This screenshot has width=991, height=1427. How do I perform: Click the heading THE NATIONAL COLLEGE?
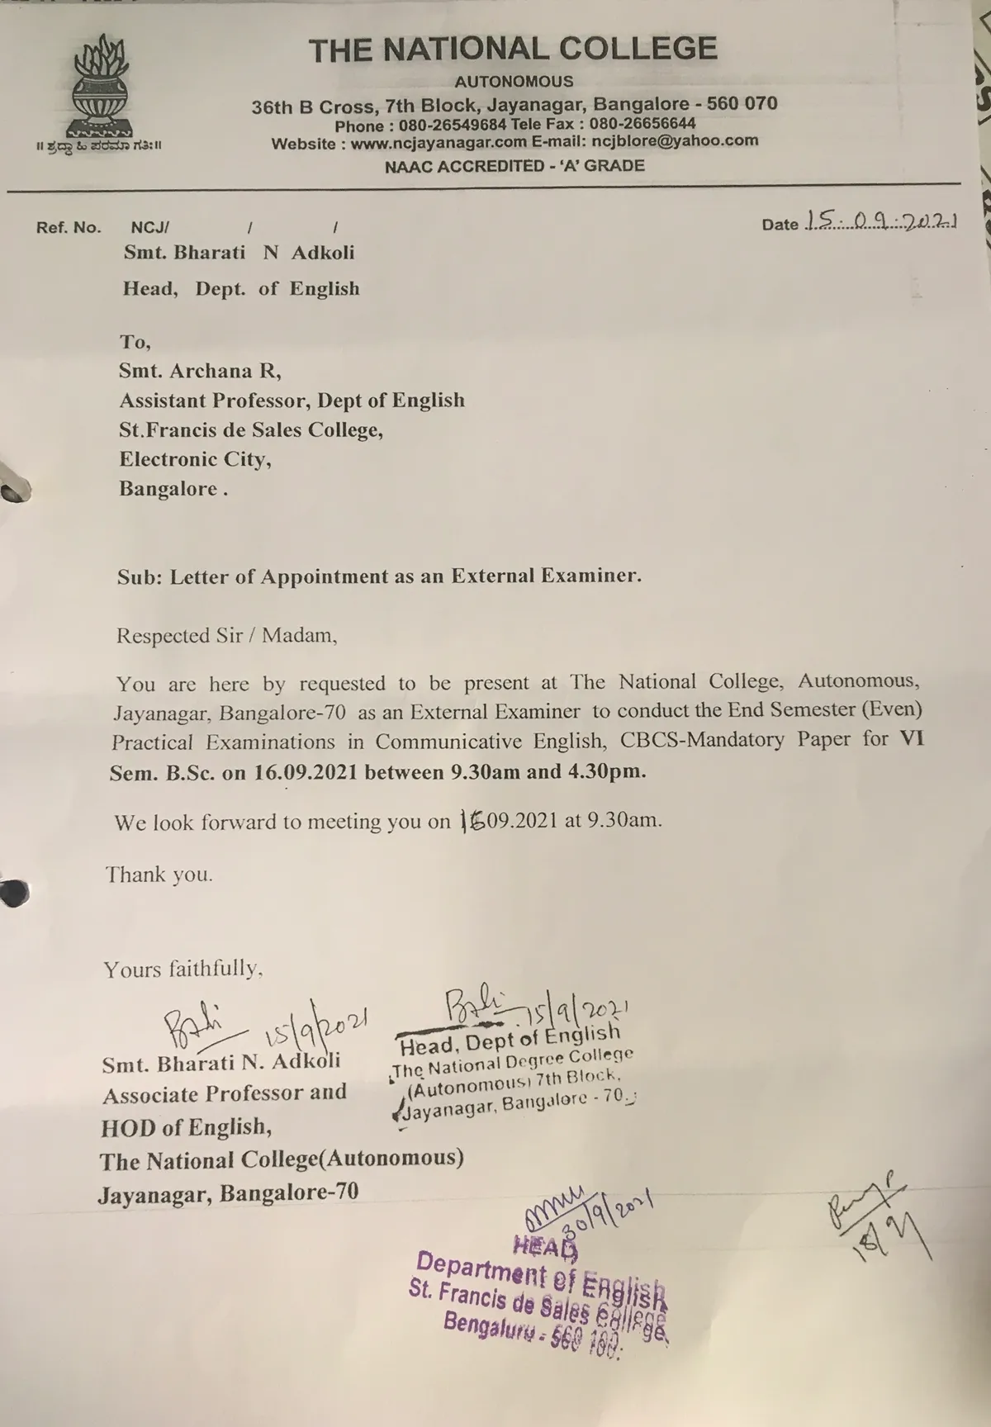point(513,50)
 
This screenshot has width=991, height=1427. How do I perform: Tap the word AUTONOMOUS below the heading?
point(514,82)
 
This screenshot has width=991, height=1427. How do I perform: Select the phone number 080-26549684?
point(453,126)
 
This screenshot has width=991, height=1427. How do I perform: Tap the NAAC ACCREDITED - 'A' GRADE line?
point(514,165)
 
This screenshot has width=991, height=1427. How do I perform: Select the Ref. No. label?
point(69,227)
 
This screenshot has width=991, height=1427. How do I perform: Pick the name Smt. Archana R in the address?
point(200,371)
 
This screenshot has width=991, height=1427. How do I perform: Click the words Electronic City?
point(195,459)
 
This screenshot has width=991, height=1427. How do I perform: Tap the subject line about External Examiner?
point(379,576)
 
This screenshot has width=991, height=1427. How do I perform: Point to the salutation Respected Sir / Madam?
point(226,635)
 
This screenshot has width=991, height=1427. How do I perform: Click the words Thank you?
point(159,875)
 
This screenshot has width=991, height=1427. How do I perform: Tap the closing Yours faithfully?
point(183,968)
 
